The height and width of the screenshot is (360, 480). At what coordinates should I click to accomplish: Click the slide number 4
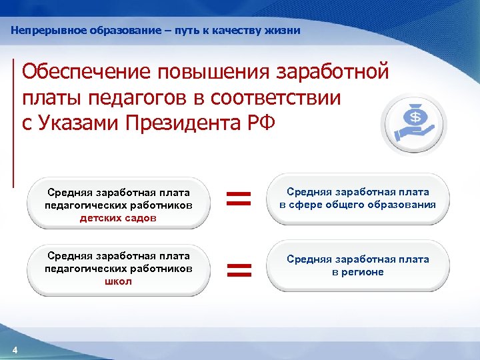click(x=15, y=351)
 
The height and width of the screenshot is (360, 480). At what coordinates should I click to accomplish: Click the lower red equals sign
click(x=239, y=269)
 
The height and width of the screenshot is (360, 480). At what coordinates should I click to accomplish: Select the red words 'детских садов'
click(x=118, y=217)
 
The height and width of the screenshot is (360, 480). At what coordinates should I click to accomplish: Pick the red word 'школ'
click(x=118, y=281)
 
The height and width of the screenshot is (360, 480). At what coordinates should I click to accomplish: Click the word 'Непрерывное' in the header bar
click(x=45, y=31)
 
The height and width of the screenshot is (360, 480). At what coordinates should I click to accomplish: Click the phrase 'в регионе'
click(x=358, y=271)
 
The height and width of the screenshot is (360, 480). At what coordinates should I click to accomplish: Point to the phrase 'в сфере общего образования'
click(x=358, y=205)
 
